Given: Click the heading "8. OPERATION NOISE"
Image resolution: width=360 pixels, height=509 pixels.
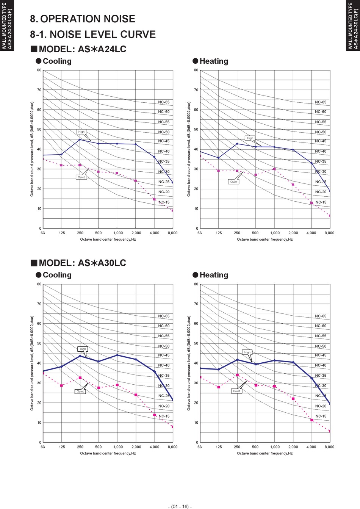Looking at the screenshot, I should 83,19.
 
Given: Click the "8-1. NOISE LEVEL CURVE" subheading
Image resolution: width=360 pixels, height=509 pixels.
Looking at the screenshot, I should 93,34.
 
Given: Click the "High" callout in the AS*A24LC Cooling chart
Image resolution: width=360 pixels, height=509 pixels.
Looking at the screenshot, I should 81,132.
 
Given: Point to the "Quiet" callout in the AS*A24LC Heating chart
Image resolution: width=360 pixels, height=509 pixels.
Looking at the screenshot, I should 234,182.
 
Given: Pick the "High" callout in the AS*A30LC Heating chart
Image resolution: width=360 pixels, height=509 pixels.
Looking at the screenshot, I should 247,352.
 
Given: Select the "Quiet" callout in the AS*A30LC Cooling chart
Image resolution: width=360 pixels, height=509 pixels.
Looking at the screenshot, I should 80,392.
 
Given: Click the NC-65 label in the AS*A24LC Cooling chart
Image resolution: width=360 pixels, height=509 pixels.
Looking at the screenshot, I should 164,102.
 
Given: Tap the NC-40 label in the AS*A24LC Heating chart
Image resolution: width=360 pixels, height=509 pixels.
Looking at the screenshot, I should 321,151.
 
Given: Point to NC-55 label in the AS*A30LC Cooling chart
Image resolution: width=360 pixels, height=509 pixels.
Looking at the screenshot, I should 164,336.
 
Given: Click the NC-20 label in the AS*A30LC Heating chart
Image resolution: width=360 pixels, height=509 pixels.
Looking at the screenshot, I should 321,406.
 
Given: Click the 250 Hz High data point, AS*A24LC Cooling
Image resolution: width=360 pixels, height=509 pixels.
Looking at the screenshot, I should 80,139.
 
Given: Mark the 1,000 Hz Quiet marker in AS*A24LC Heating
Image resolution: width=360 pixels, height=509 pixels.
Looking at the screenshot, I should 274,169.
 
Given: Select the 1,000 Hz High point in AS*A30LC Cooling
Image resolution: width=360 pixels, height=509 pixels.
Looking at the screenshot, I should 117,355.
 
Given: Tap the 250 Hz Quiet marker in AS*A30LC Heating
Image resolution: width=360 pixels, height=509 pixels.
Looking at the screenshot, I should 237,375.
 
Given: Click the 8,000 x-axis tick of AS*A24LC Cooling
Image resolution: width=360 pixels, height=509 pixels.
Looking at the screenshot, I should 172,233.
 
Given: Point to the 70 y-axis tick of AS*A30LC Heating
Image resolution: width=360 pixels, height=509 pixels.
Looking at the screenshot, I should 196,304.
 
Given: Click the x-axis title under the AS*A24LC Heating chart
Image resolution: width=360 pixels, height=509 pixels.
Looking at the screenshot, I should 265,240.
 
